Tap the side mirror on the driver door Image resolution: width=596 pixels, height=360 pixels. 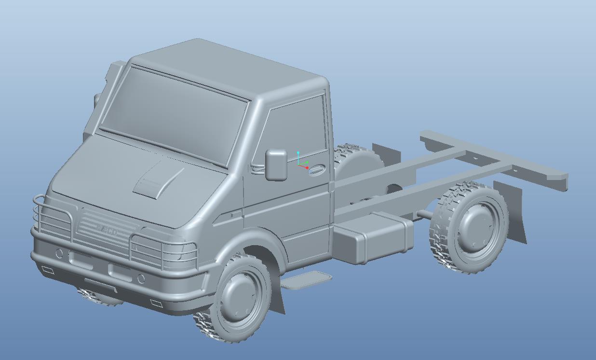pos(276,165)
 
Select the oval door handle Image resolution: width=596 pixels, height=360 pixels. pos(316,170)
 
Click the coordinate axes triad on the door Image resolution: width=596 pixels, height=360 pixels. pos(301,162)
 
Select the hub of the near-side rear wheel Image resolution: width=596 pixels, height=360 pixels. pos(474,227)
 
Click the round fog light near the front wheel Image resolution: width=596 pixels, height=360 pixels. pos(141,278)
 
